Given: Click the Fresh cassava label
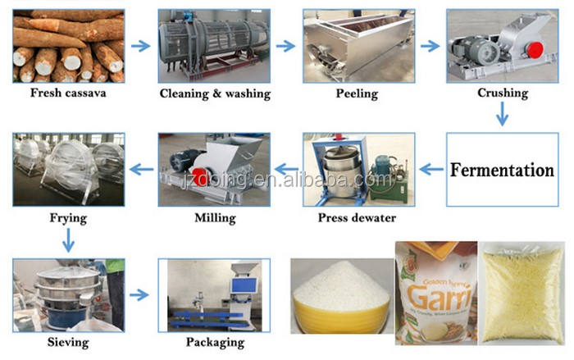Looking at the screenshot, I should click(69, 93).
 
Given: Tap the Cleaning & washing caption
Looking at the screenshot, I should click(215, 93).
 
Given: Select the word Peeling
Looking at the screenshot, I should click(357, 93).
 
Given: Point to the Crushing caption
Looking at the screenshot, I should click(503, 93).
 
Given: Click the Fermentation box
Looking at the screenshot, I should click(502, 171).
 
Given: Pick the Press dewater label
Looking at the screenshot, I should click(357, 218).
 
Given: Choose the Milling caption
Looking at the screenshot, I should click(216, 218).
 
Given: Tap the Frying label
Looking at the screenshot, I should click(68, 219).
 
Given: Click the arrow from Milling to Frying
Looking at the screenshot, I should click(142, 170).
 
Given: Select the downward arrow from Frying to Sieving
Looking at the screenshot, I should click(68, 239).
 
